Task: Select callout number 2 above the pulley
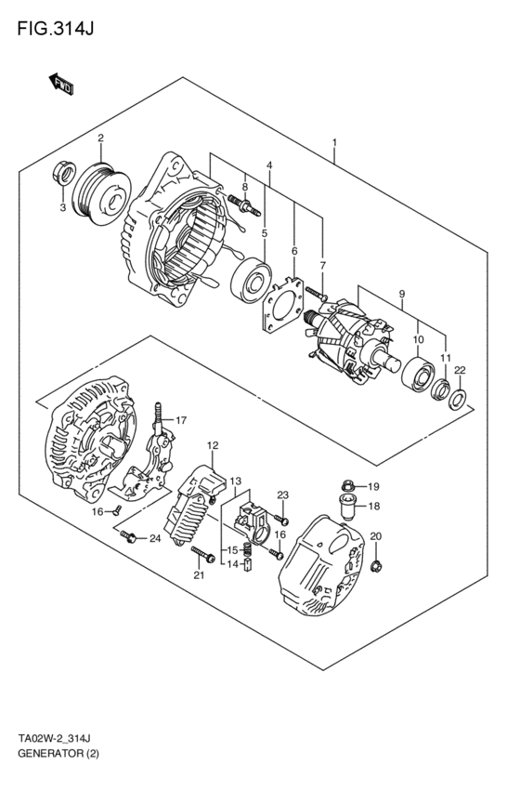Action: tap(100, 139)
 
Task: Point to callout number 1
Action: tap(332, 144)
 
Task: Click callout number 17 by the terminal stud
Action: tap(182, 419)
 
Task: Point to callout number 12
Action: tap(212, 445)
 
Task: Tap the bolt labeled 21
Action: tap(202, 558)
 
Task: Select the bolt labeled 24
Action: tap(129, 536)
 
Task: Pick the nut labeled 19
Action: tap(347, 484)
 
